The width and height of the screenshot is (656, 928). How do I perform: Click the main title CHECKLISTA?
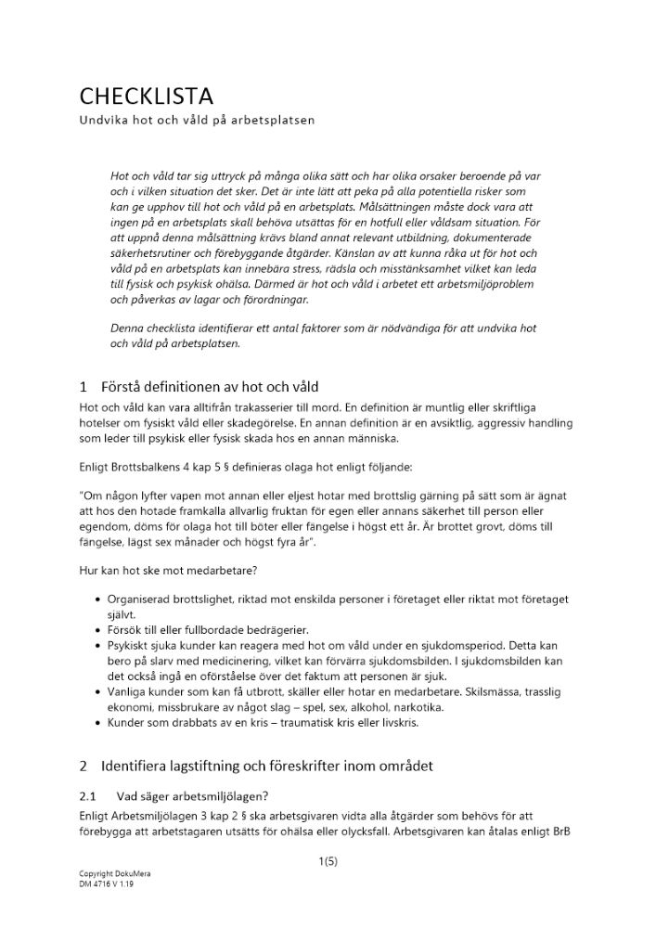pyautogui.click(x=146, y=97)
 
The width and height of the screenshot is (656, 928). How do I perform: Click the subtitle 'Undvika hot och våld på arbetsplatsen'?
pyautogui.click(x=197, y=121)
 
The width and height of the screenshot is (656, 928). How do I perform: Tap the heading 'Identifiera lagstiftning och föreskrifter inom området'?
pyautogui.click(x=266, y=767)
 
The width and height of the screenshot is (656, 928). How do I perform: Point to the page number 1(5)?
pyautogui.click(x=328, y=861)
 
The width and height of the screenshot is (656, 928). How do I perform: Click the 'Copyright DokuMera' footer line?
pyautogui.click(x=115, y=874)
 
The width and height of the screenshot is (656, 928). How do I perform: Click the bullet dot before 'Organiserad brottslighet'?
pyautogui.click(x=99, y=601)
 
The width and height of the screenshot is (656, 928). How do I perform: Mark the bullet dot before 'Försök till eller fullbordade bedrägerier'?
pyautogui.click(x=99, y=630)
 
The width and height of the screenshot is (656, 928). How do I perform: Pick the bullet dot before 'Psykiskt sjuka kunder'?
pyautogui.click(x=99, y=645)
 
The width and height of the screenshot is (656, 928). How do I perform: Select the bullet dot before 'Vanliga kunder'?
pyautogui.click(x=99, y=692)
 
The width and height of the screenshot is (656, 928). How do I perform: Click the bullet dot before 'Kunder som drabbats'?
pyautogui.click(x=99, y=721)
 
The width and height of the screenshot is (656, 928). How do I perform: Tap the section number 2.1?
pyautogui.click(x=89, y=795)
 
